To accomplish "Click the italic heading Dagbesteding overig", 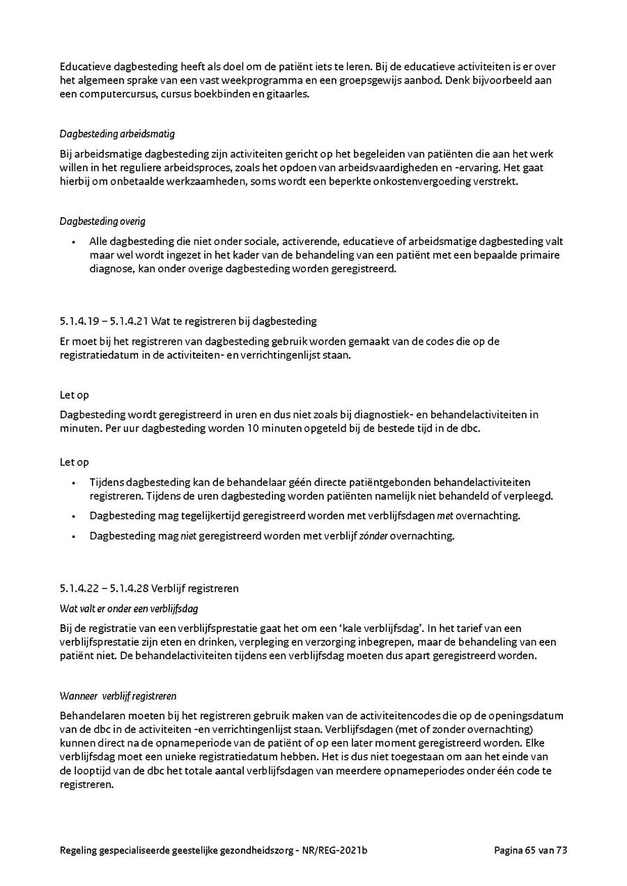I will (102, 221).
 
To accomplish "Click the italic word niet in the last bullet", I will (187, 536).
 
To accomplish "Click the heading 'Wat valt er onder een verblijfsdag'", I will (129, 608).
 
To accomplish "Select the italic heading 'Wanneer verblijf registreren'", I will (118, 695).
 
